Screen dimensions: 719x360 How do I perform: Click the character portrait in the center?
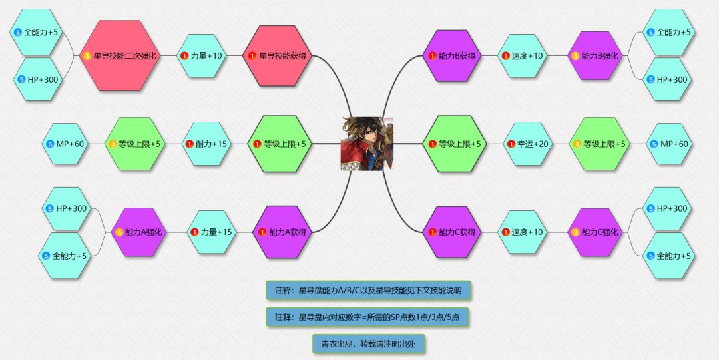pyautogui.click(x=367, y=144)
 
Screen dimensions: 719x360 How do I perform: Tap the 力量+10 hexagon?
pyautogui.click(x=201, y=56)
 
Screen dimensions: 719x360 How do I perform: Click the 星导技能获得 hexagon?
pyautogui.click(x=278, y=56)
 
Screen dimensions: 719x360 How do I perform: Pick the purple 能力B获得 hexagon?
pyautogui.click(x=451, y=56)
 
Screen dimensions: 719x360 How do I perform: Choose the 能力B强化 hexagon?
pyautogui.click(x=596, y=56)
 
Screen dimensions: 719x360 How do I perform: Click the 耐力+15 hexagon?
pyautogui.click(x=208, y=144)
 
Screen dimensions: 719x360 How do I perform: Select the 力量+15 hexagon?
pyautogui.click(x=212, y=232)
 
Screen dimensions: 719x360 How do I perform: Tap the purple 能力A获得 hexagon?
pyautogui.click(x=282, y=232)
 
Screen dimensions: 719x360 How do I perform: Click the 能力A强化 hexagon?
pyautogui.click(x=138, y=232)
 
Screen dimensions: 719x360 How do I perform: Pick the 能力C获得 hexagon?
pyautogui.click(x=451, y=232)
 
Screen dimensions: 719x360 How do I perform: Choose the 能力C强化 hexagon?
pyautogui.click(x=596, y=232)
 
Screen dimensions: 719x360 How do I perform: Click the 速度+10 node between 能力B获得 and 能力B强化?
pyautogui.click(x=523, y=56)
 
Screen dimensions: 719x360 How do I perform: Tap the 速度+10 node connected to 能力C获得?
pyautogui.click(x=523, y=232)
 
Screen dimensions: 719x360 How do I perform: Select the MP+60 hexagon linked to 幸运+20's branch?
pyautogui.click(x=669, y=144)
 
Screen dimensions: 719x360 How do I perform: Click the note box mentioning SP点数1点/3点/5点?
pyautogui.click(x=368, y=317)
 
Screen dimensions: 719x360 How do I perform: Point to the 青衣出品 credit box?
pyautogui.click(x=369, y=343)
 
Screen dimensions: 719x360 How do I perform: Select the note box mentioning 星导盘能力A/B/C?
pyautogui.click(x=368, y=290)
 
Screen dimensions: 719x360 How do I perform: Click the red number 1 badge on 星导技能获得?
pyautogui.click(x=252, y=56)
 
